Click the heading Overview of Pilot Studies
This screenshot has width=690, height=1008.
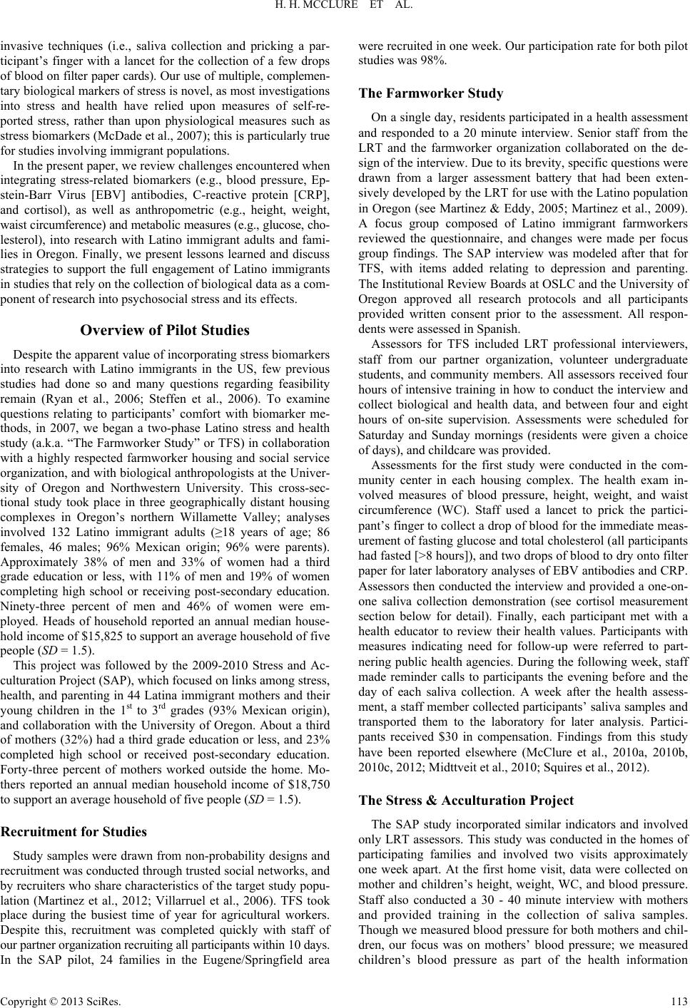point(165,330)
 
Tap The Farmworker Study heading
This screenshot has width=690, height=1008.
point(431,93)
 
